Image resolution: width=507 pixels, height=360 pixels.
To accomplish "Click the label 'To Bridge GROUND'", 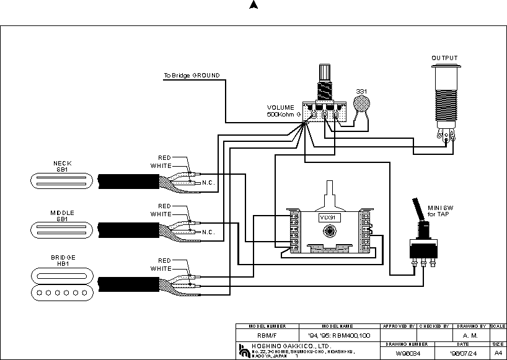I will (191, 76).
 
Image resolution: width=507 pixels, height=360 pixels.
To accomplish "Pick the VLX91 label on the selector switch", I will (328, 217).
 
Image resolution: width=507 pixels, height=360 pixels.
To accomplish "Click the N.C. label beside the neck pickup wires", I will (208, 183).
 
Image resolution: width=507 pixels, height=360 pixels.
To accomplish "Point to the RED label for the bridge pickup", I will (164, 261).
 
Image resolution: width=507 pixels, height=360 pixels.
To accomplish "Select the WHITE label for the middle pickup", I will (161, 214).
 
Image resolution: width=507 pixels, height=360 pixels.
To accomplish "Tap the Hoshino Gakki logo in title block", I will (242, 350).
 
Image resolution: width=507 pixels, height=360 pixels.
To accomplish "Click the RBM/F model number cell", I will (267, 336).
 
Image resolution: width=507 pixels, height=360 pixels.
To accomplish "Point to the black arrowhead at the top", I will (253, 5).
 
